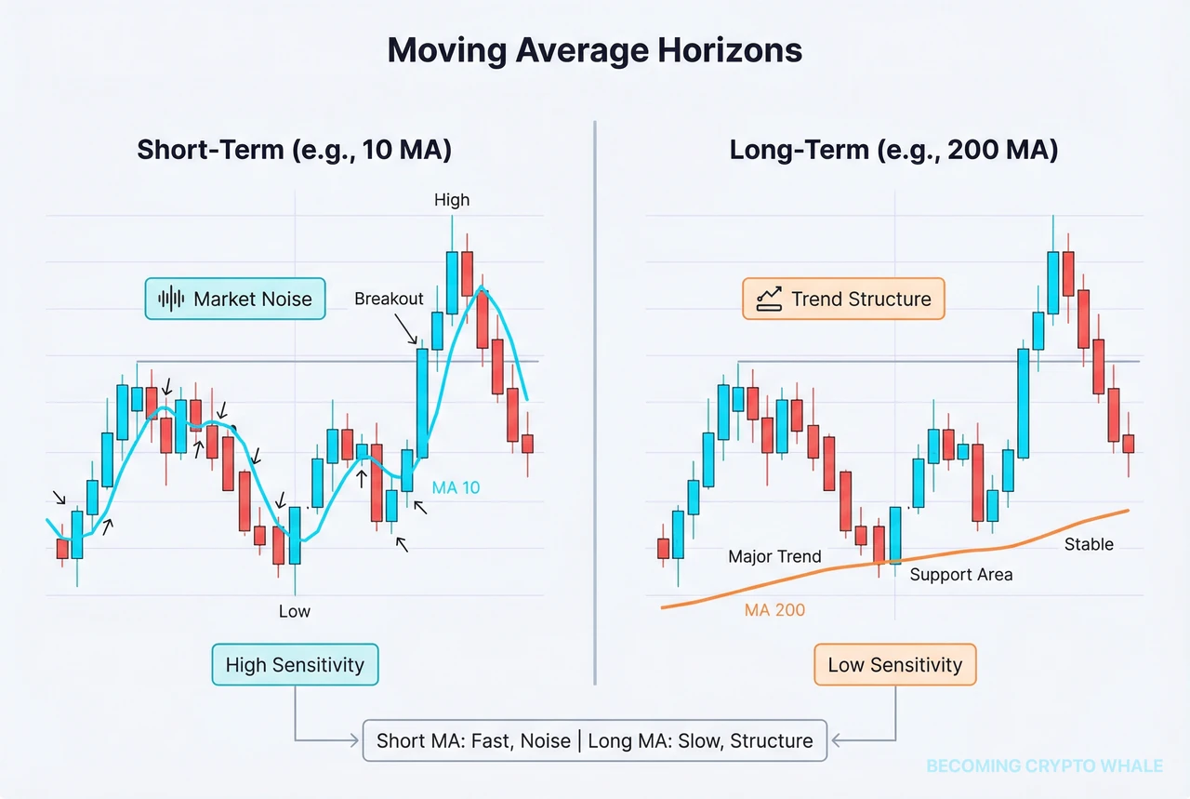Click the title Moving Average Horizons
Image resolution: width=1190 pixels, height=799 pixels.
coord(594,51)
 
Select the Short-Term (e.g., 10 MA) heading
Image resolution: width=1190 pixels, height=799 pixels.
coord(295,150)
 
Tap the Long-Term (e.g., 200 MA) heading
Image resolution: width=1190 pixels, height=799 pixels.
coord(893,150)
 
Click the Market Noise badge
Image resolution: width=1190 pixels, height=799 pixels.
coord(235,299)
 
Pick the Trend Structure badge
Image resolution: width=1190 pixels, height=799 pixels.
coord(843,299)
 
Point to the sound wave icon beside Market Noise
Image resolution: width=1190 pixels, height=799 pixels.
coord(171,299)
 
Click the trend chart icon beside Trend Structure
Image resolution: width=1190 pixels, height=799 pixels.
coord(770,299)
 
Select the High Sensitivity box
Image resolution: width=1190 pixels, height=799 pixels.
coord(295,664)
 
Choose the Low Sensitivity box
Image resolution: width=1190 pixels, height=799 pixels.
coord(894,664)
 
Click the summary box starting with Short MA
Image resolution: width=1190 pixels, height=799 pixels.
coord(594,740)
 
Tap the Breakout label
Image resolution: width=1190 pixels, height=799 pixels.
coord(389,299)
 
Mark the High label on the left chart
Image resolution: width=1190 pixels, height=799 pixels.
coord(452,200)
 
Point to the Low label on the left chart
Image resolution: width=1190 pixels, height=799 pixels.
coord(295,611)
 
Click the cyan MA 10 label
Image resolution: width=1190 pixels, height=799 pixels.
coord(456,486)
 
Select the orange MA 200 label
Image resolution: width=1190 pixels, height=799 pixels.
coord(774,611)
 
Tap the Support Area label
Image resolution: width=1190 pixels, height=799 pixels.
coord(960,575)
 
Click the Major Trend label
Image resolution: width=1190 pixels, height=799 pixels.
coord(774,556)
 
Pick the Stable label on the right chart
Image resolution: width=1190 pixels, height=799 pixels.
coord(1088,544)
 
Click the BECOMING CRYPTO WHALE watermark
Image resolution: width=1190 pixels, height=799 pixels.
coord(1044,766)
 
